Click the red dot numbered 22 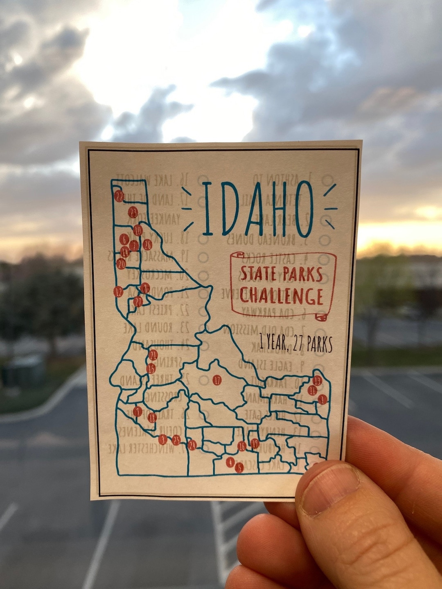[x=119, y=196]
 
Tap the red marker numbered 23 [x=133, y=212]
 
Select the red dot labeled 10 [x=138, y=230]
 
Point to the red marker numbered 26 [x=147, y=245]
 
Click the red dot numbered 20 [x=121, y=264]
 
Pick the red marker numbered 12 [x=118, y=292]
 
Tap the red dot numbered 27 [x=138, y=301]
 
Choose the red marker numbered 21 [x=153, y=355]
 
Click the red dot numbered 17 [x=217, y=380]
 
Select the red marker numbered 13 [x=317, y=381]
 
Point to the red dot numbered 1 [x=322, y=399]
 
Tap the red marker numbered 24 [x=192, y=445]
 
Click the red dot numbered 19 [x=255, y=443]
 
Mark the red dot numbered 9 [x=138, y=411]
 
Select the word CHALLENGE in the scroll [x=281, y=296]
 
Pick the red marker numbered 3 [x=163, y=439]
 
